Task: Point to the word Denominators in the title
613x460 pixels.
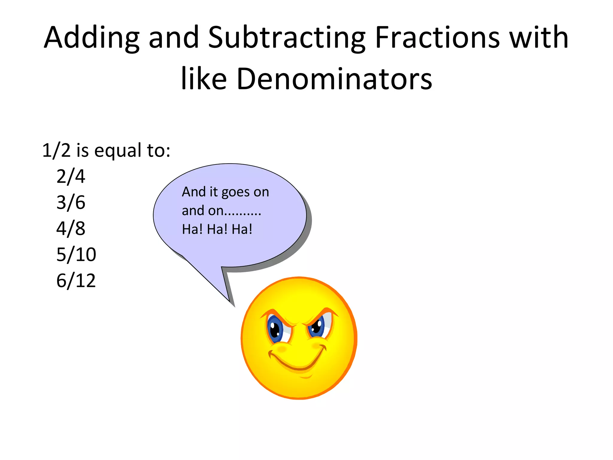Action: click(x=334, y=79)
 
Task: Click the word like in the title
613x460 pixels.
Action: click(x=204, y=79)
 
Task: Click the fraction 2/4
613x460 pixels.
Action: click(x=71, y=176)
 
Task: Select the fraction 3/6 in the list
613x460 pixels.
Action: click(x=71, y=202)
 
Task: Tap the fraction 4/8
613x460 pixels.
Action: click(x=71, y=229)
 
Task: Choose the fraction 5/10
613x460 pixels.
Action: click(x=76, y=255)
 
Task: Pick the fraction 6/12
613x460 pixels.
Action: click(x=76, y=281)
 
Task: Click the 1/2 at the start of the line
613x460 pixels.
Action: click(x=56, y=150)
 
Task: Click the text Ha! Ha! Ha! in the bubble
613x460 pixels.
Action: click(x=217, y=229)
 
